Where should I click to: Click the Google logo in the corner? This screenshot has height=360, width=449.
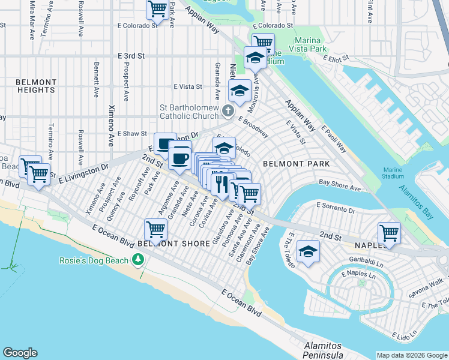(x=20, y=353)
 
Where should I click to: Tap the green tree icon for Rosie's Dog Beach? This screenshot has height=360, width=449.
(x=139, y=260)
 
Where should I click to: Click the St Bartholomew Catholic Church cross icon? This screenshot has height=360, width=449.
(x=228, y=110)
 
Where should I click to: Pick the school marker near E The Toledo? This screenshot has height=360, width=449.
(x=308, y=251)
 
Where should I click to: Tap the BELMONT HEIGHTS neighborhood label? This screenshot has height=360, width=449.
(x=36, y=86)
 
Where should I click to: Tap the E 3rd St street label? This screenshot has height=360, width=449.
(x=132, y=55)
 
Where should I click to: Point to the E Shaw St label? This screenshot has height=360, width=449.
(x=132, y=133)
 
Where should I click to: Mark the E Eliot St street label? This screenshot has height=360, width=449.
(x=340, y=59)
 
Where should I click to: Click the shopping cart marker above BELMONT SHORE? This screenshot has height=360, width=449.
(x=155, y=229)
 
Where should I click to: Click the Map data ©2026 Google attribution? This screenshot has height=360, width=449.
(x=411, y=355)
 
